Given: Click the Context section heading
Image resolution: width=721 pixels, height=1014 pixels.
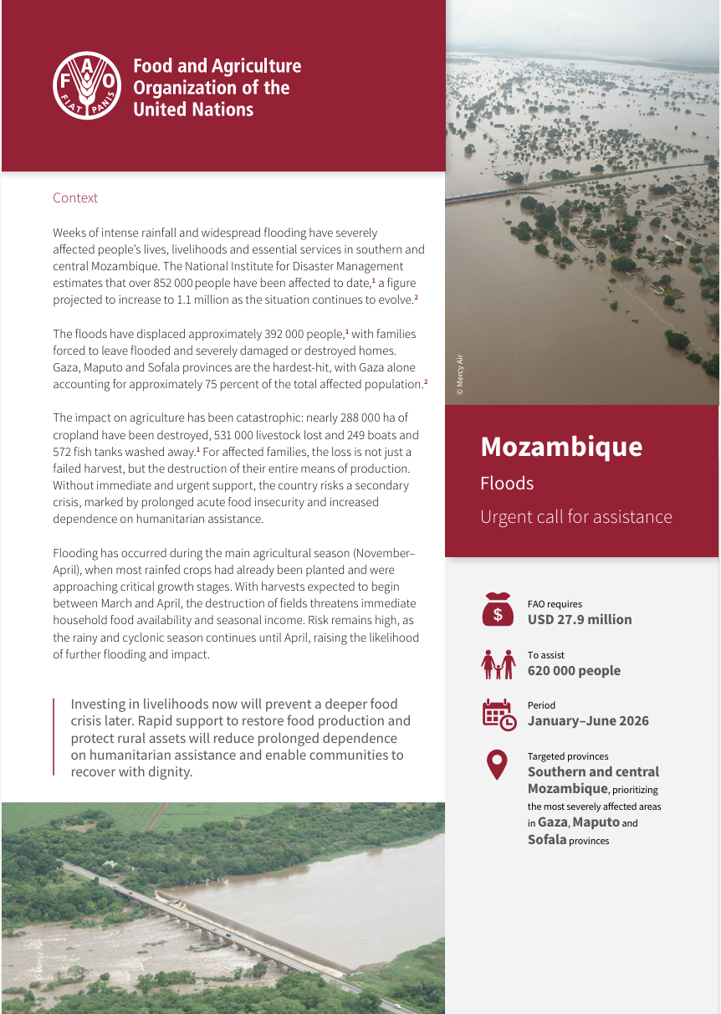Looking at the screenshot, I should (x=75, y=198).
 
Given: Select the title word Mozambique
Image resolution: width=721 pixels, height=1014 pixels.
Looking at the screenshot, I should (x=561, y=447).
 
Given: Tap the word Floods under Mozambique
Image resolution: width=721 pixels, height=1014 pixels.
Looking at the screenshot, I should (x=507, y=484).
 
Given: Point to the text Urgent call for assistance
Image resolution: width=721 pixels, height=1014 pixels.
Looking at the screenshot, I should (x=575, y=517).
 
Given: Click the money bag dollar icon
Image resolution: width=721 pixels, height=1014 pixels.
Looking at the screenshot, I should (x=498, y=610).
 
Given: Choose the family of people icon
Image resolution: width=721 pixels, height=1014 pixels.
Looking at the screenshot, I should (x=498, y=663).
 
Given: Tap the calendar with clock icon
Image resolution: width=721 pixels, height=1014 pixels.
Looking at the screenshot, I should (x=499, y=714).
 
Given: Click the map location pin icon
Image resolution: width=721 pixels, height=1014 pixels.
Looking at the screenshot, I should (x=498, y=764).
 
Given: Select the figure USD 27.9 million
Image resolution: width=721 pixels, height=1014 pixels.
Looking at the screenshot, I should (x=580, y=620).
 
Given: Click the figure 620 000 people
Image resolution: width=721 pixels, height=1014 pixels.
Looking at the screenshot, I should (x=574, y=671).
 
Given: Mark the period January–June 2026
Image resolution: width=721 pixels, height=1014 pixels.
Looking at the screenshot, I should (x=588, y=721).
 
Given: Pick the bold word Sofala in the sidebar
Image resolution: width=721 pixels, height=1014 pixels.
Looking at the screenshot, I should (x=547, y=839).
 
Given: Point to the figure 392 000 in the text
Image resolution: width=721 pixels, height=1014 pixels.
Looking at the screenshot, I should (x=254, y=335).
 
